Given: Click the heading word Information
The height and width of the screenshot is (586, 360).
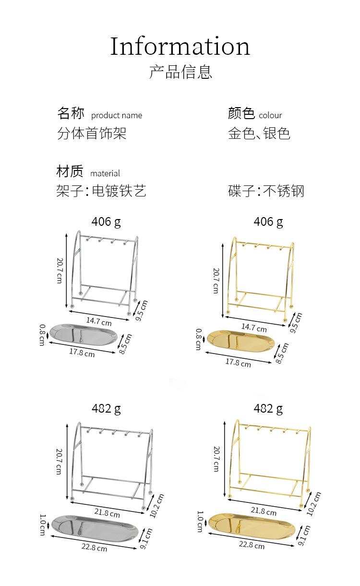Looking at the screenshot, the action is pyautogui.click(x=180, y=47).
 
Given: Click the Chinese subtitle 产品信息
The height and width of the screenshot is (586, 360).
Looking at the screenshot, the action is pyautogui.click(x=180, y=72).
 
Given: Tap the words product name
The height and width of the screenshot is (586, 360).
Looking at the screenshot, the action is pyautogui.click(x=117, y=115).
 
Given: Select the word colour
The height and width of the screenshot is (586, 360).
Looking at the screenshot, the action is pyautogui.click(x=270, y=115).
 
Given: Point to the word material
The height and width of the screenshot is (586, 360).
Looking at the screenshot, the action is pyautogui.click(x=105, y=173).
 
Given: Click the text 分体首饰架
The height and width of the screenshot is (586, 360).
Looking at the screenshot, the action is pyautogui.click(x=92, y=133).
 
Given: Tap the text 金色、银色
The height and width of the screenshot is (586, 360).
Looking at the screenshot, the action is pyautogui.click(x=259, y=133).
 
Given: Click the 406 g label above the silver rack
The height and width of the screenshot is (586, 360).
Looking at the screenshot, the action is pyautogui.click(x=106, y=221).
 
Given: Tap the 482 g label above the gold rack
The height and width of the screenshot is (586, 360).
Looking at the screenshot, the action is pyautogui.click(x=268, y=408).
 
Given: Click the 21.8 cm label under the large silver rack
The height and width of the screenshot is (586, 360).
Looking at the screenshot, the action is pyautogui.click(x=108, y=513).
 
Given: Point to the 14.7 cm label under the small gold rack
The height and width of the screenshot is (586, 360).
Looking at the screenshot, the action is pyautogui.click(x=253, y=328).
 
